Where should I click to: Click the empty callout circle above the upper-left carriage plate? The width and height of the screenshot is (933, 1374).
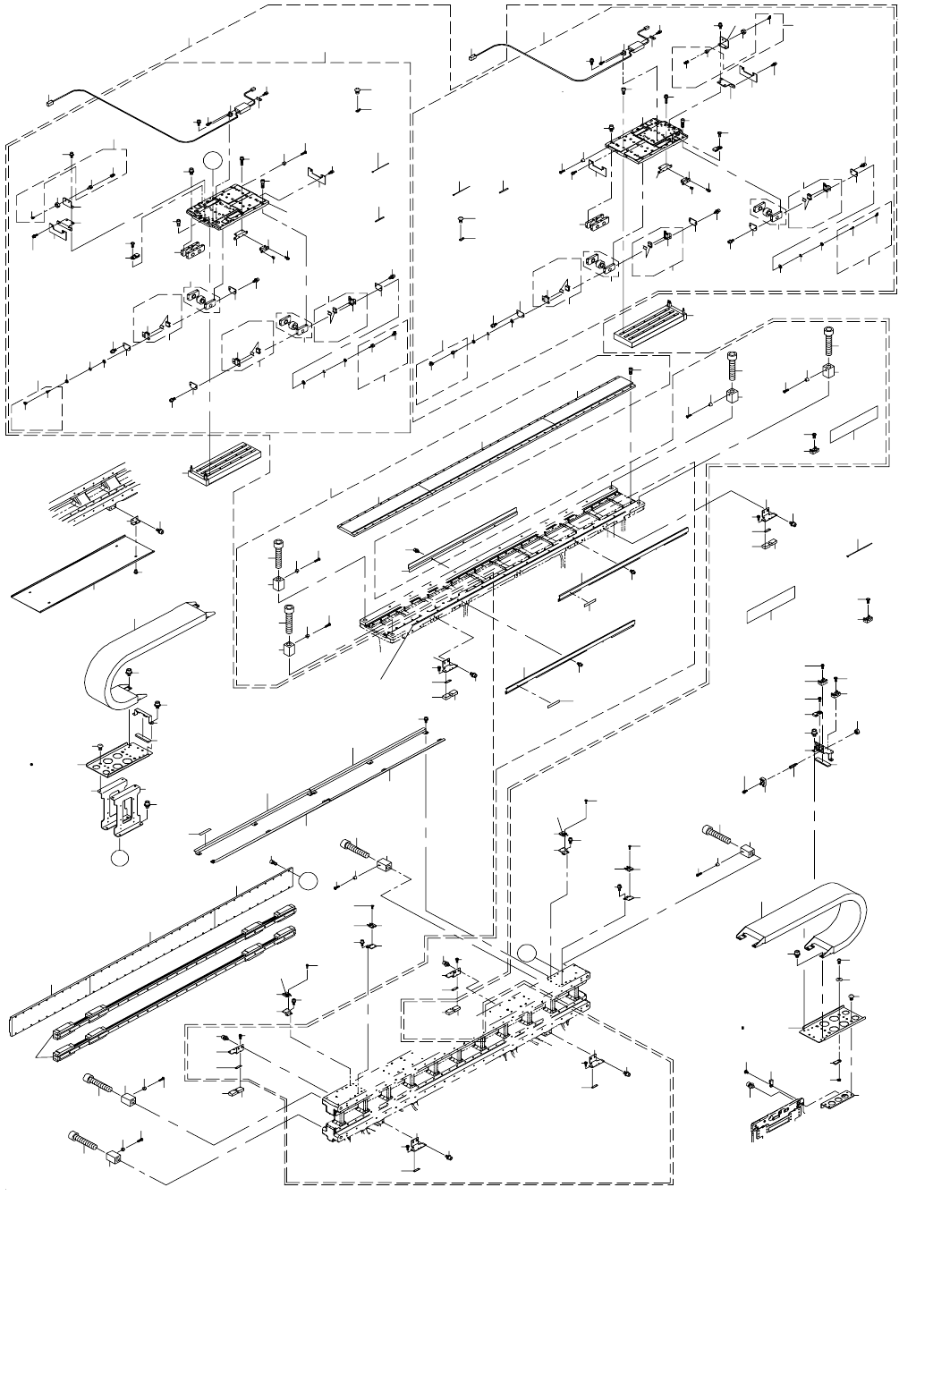(211, 161)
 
